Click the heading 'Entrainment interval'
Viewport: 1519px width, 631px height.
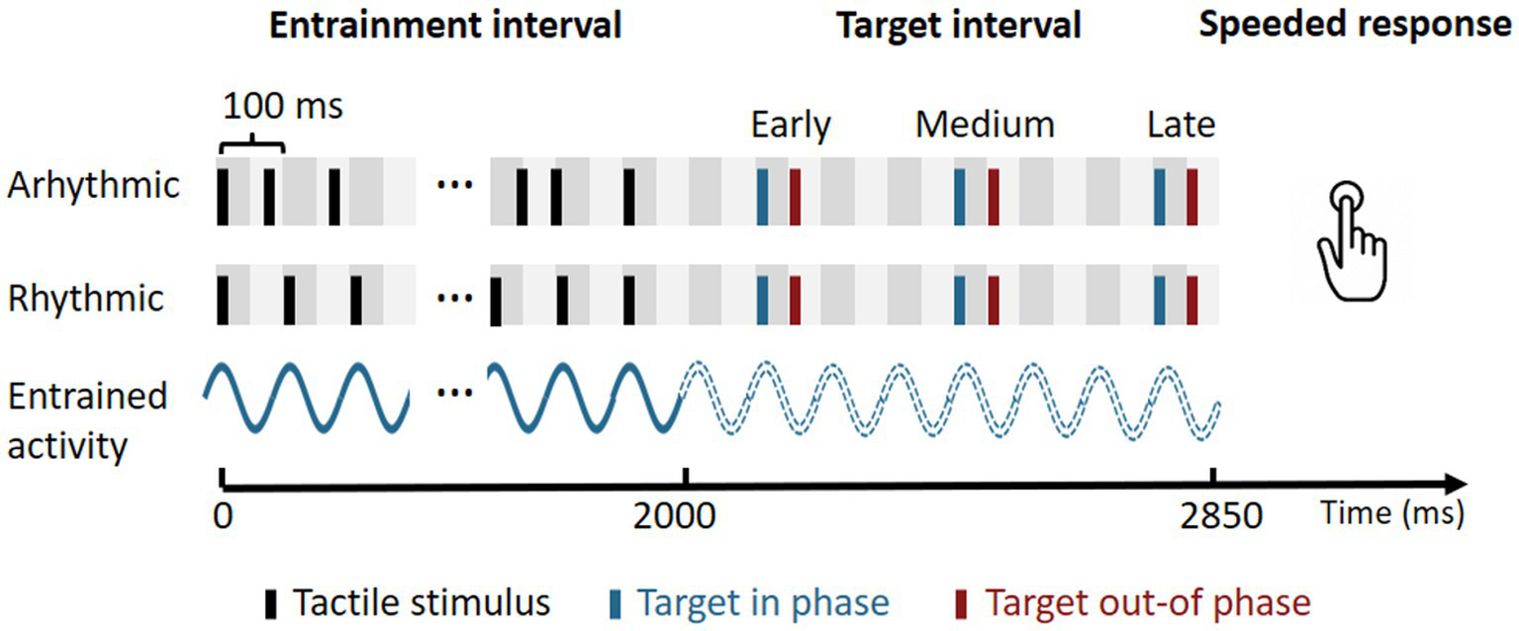click(x=445, y=27)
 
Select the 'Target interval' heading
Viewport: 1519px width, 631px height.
click(x=958, y=27)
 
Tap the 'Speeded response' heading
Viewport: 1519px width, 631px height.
click(x=1355, y=27)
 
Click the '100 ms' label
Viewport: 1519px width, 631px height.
click(x=283, y=106)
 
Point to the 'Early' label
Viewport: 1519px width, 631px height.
click(x=791, y=126)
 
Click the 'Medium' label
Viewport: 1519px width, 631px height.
click(x=985, y=126)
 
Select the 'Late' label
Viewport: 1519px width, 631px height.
click(x=1182, y=126)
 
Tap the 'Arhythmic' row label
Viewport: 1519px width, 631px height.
click(x=93, y=186)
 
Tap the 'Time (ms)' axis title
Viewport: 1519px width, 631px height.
click(x=1391, y=514)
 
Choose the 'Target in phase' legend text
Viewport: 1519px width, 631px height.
click(x=762, y=602)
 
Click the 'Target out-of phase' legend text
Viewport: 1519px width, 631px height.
click(x=1149, y=602)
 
